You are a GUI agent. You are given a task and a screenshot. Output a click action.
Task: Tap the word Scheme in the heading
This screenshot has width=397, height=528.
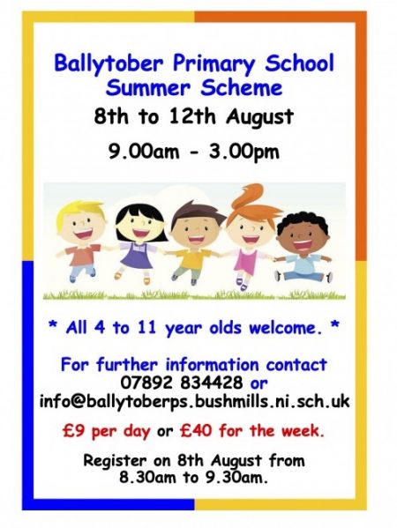(242, 88)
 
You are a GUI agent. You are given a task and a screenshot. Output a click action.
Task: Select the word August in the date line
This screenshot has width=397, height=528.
(260, 117)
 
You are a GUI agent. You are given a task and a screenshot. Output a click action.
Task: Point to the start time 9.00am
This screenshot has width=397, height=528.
(144, 152)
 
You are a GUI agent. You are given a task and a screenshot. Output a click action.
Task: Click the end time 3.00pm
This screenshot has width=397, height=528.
(244, 152)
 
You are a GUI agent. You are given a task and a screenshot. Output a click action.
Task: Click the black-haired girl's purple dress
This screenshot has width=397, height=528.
(138, 257)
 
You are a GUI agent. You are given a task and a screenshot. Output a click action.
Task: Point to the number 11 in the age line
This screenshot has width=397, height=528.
(147, 327)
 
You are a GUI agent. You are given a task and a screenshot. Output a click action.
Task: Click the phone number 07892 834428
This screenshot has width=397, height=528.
(182, 383)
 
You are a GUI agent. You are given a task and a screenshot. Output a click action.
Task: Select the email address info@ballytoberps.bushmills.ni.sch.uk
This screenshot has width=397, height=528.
(195, 401)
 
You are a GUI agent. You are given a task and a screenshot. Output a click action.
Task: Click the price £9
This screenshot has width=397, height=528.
(74, 430)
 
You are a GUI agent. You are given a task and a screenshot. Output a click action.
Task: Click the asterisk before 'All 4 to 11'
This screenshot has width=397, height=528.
(53, 325)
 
